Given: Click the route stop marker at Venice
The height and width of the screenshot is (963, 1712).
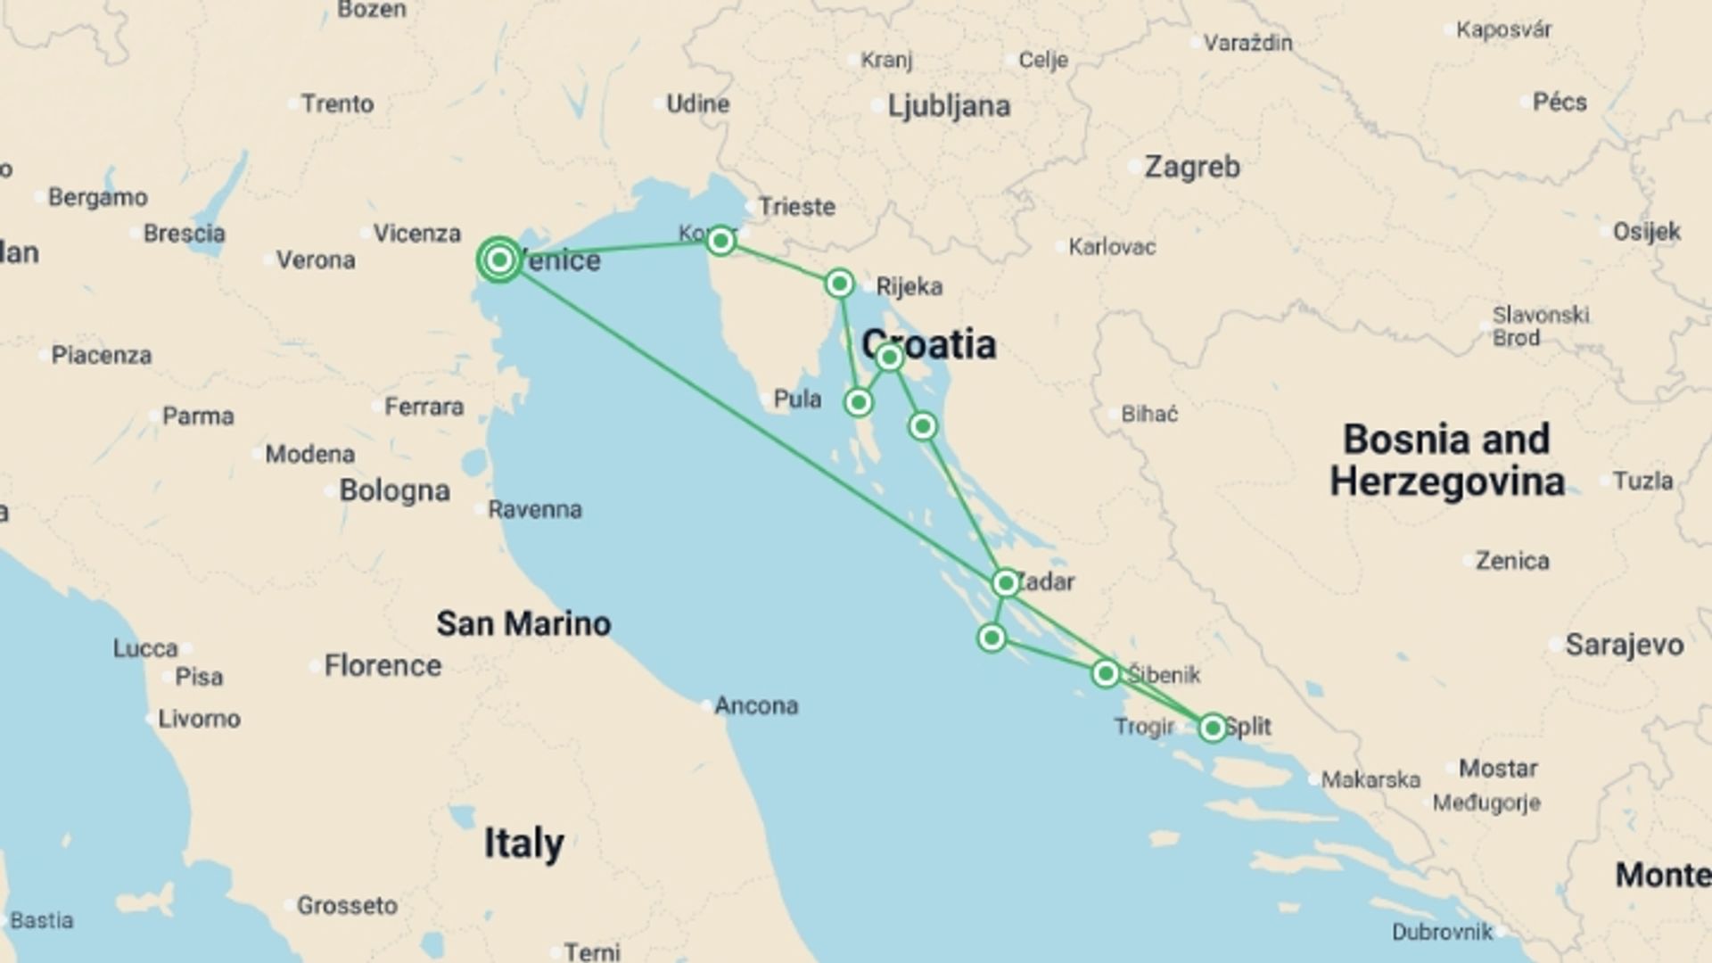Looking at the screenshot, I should click(499, 259).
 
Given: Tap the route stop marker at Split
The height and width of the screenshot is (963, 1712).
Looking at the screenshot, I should click(1212, 728).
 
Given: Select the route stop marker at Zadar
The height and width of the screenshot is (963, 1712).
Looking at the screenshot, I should click(1006, 583).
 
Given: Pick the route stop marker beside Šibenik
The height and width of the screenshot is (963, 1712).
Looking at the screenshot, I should click(1106, 673).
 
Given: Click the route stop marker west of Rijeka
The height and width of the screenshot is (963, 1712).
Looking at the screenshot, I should click(839, 284).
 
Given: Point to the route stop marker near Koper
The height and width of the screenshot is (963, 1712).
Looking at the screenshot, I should click(720, 240).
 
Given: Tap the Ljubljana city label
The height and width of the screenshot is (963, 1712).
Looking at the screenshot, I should click(949, 106).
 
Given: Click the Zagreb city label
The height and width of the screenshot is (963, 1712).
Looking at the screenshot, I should click(1191, 167).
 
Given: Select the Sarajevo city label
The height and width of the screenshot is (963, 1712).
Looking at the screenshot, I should click(1624, 645).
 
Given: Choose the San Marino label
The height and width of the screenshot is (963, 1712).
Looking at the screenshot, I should click(523, 623).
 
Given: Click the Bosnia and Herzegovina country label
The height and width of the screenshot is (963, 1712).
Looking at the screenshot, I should click(1447, 460).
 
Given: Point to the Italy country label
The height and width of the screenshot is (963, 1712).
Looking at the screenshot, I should click(523, 843).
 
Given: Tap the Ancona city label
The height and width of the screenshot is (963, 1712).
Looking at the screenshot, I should click(756, 705).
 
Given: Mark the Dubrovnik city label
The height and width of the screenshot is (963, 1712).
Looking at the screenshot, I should click(1442, 932).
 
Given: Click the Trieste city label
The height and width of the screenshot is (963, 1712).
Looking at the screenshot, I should click(796, 207).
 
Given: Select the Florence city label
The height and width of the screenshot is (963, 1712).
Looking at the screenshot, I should click(383, 665).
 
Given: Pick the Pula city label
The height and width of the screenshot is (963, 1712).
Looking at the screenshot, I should click(797, 399).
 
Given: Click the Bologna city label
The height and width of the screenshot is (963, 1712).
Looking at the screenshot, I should click(394, 490).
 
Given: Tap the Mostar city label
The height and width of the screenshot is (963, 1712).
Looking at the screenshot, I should click(1498, 768).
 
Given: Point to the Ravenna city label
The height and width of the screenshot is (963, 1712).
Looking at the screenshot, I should click(534, 509).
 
